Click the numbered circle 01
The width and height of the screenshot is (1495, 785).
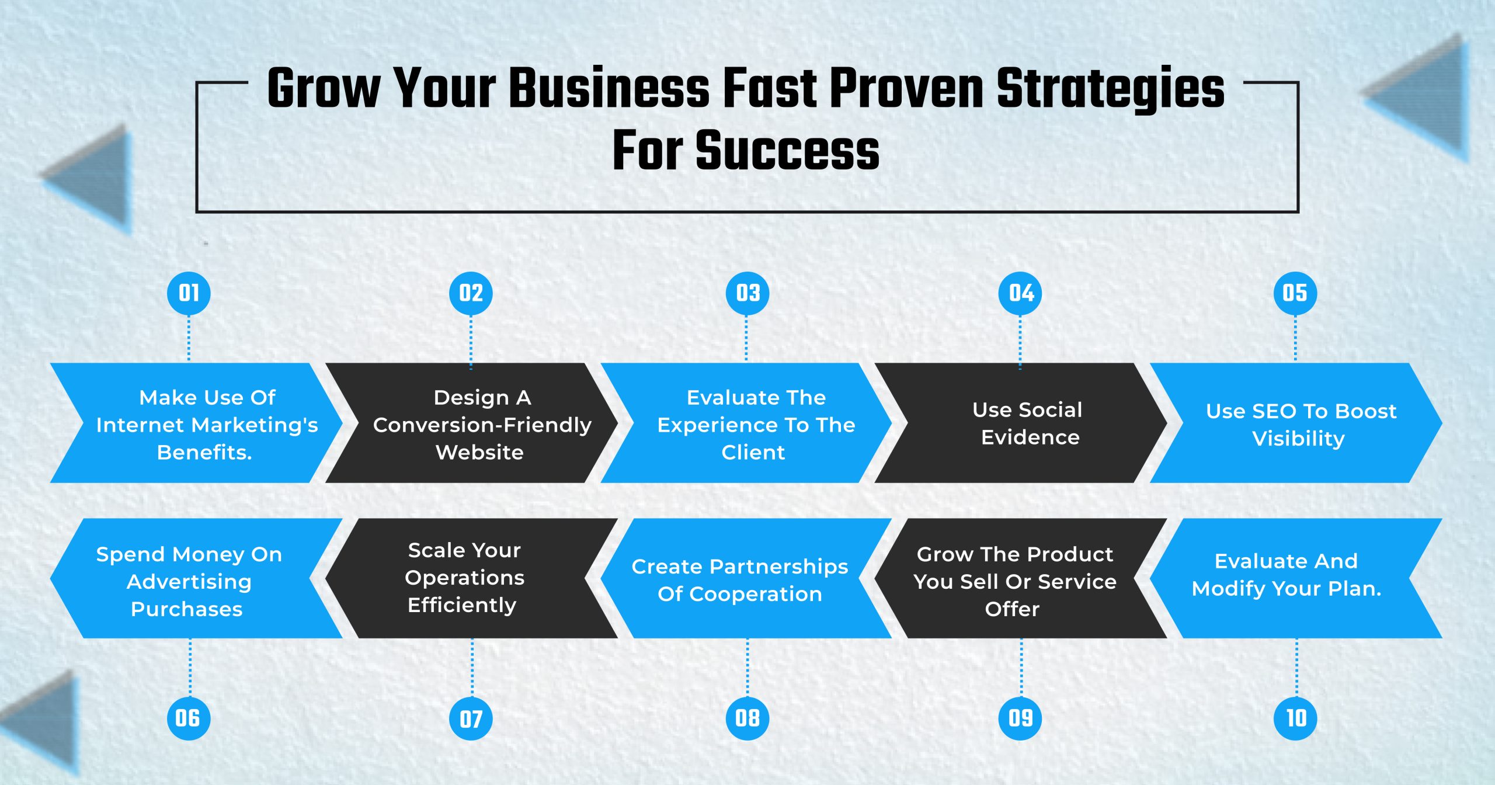[x=189, y=293]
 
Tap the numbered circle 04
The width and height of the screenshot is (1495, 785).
[x=1021, y=293]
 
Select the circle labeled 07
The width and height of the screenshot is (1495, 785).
[x=471, y=718]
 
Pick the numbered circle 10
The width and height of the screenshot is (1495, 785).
[x=1296, y=718]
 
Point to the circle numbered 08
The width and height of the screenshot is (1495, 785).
[x=747, y=718]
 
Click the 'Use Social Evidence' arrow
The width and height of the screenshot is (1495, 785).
[x=1021, y=423]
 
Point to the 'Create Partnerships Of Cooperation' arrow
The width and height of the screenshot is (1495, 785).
[x=746, y=578]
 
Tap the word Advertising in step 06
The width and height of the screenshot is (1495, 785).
[x=189, y=582]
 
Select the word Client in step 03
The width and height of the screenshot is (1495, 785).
[x=753, y=452]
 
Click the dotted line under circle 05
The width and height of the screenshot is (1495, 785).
[x=1295, y=338]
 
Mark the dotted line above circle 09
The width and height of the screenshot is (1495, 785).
[x=1021, y=668]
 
